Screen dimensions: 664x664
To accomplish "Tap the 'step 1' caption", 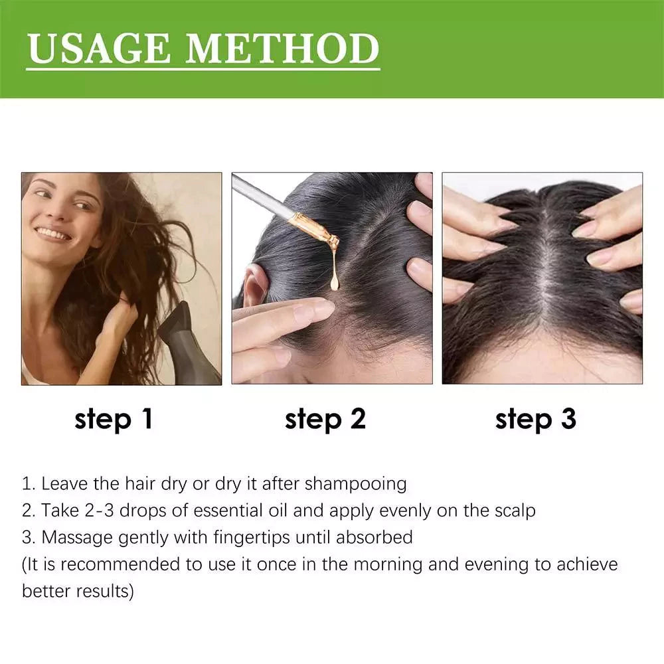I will [x=114, y=419].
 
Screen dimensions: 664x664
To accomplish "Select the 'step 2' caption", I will [x=325, y=419].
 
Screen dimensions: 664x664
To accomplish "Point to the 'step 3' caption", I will [x=536, y=419].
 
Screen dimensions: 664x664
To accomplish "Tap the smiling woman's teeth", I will [x=52, y=234].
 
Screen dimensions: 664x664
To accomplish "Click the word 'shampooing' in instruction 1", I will [x=355, y=483].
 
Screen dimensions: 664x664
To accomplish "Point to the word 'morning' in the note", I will [x=387, y=564].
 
